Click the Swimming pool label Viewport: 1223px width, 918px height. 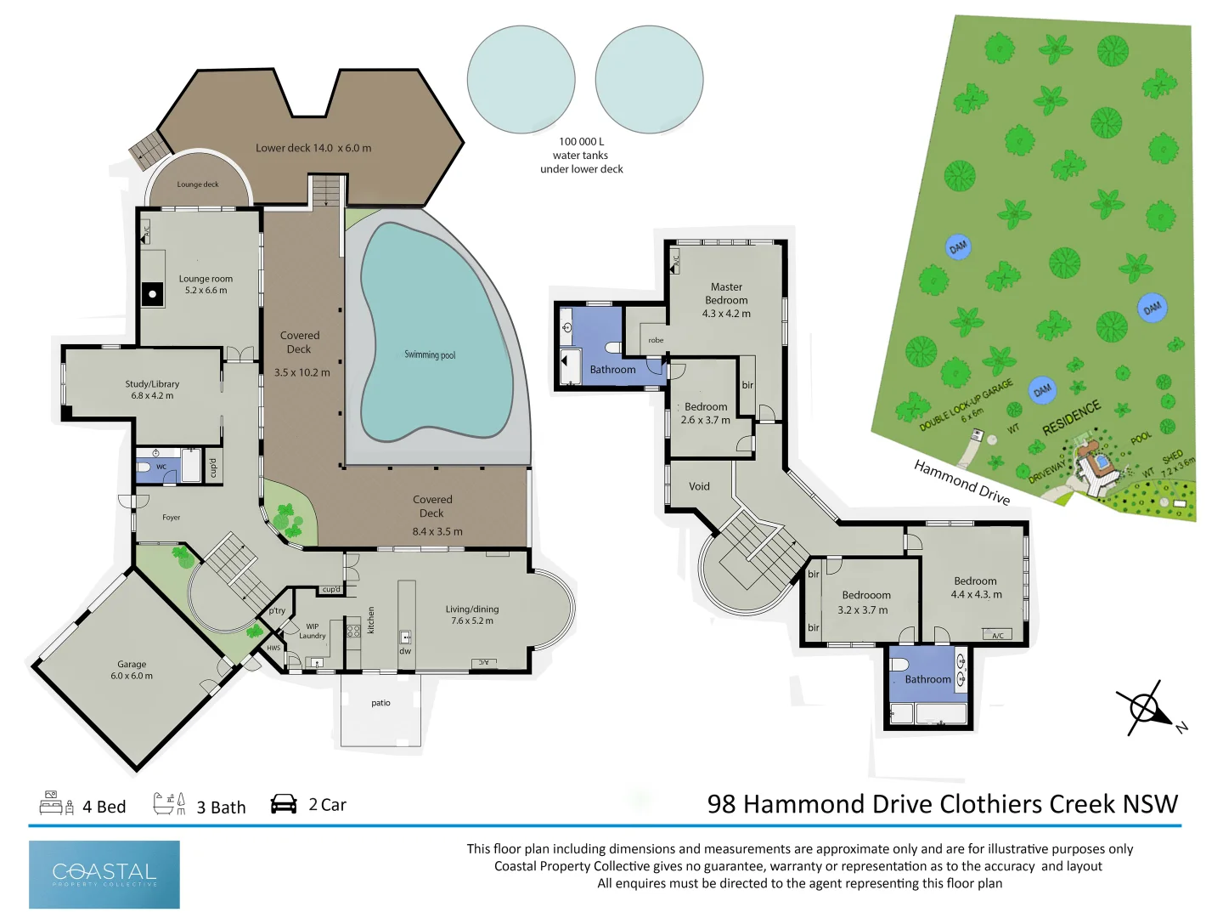tap(430, 354)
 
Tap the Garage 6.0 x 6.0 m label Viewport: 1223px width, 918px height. tap(132, 670)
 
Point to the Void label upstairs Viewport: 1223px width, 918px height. tap(699, 486)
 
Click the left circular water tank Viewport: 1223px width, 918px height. tap(521, 79)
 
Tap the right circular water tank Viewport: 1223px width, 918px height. tap(649, 79)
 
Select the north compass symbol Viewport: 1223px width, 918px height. tap(1147, 708)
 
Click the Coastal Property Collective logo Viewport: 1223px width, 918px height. tap(104, 874)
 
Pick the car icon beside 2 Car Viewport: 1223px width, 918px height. tap(284, 804)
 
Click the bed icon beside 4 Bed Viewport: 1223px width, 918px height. tap(56, 803)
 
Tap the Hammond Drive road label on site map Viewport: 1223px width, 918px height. tap(961, 482)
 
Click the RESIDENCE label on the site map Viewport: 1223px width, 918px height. tap(1071, 417)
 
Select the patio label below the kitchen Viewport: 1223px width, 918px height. tap(380, 703)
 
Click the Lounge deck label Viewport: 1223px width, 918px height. tap(198, 184)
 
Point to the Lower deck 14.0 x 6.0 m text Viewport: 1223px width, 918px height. tap(313, 148)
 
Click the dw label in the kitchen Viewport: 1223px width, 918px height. tap(405, 651)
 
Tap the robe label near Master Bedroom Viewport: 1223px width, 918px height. tap(656, 340)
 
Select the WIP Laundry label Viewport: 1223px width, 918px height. tap(312, 631)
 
